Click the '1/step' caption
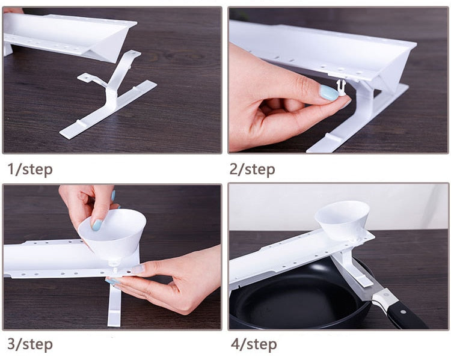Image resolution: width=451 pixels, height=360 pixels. tap(30, 169)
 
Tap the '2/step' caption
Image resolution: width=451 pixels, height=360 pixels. tap(252, 169)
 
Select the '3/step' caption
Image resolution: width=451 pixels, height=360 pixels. tap(30, 344)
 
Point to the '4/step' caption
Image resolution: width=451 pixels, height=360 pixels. tap(254, 344)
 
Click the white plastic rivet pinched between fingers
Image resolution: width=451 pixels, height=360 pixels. tap(341, 88)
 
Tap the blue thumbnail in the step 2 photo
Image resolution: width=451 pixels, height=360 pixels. tap(329, 93)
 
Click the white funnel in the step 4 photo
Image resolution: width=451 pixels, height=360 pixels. tap(342, 220)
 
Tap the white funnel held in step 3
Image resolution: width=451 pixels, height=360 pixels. tap(113, 233)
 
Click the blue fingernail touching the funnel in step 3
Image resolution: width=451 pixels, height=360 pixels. tap(97, 225)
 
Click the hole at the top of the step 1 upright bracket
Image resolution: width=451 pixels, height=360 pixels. tap(133, 53)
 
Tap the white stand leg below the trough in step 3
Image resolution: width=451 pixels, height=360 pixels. tap(114, 302)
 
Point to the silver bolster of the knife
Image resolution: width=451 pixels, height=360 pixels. tap(385, 296)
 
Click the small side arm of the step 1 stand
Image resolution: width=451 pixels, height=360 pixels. tap(91, 80)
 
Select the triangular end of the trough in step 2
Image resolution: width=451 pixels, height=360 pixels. tap(394, 69)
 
